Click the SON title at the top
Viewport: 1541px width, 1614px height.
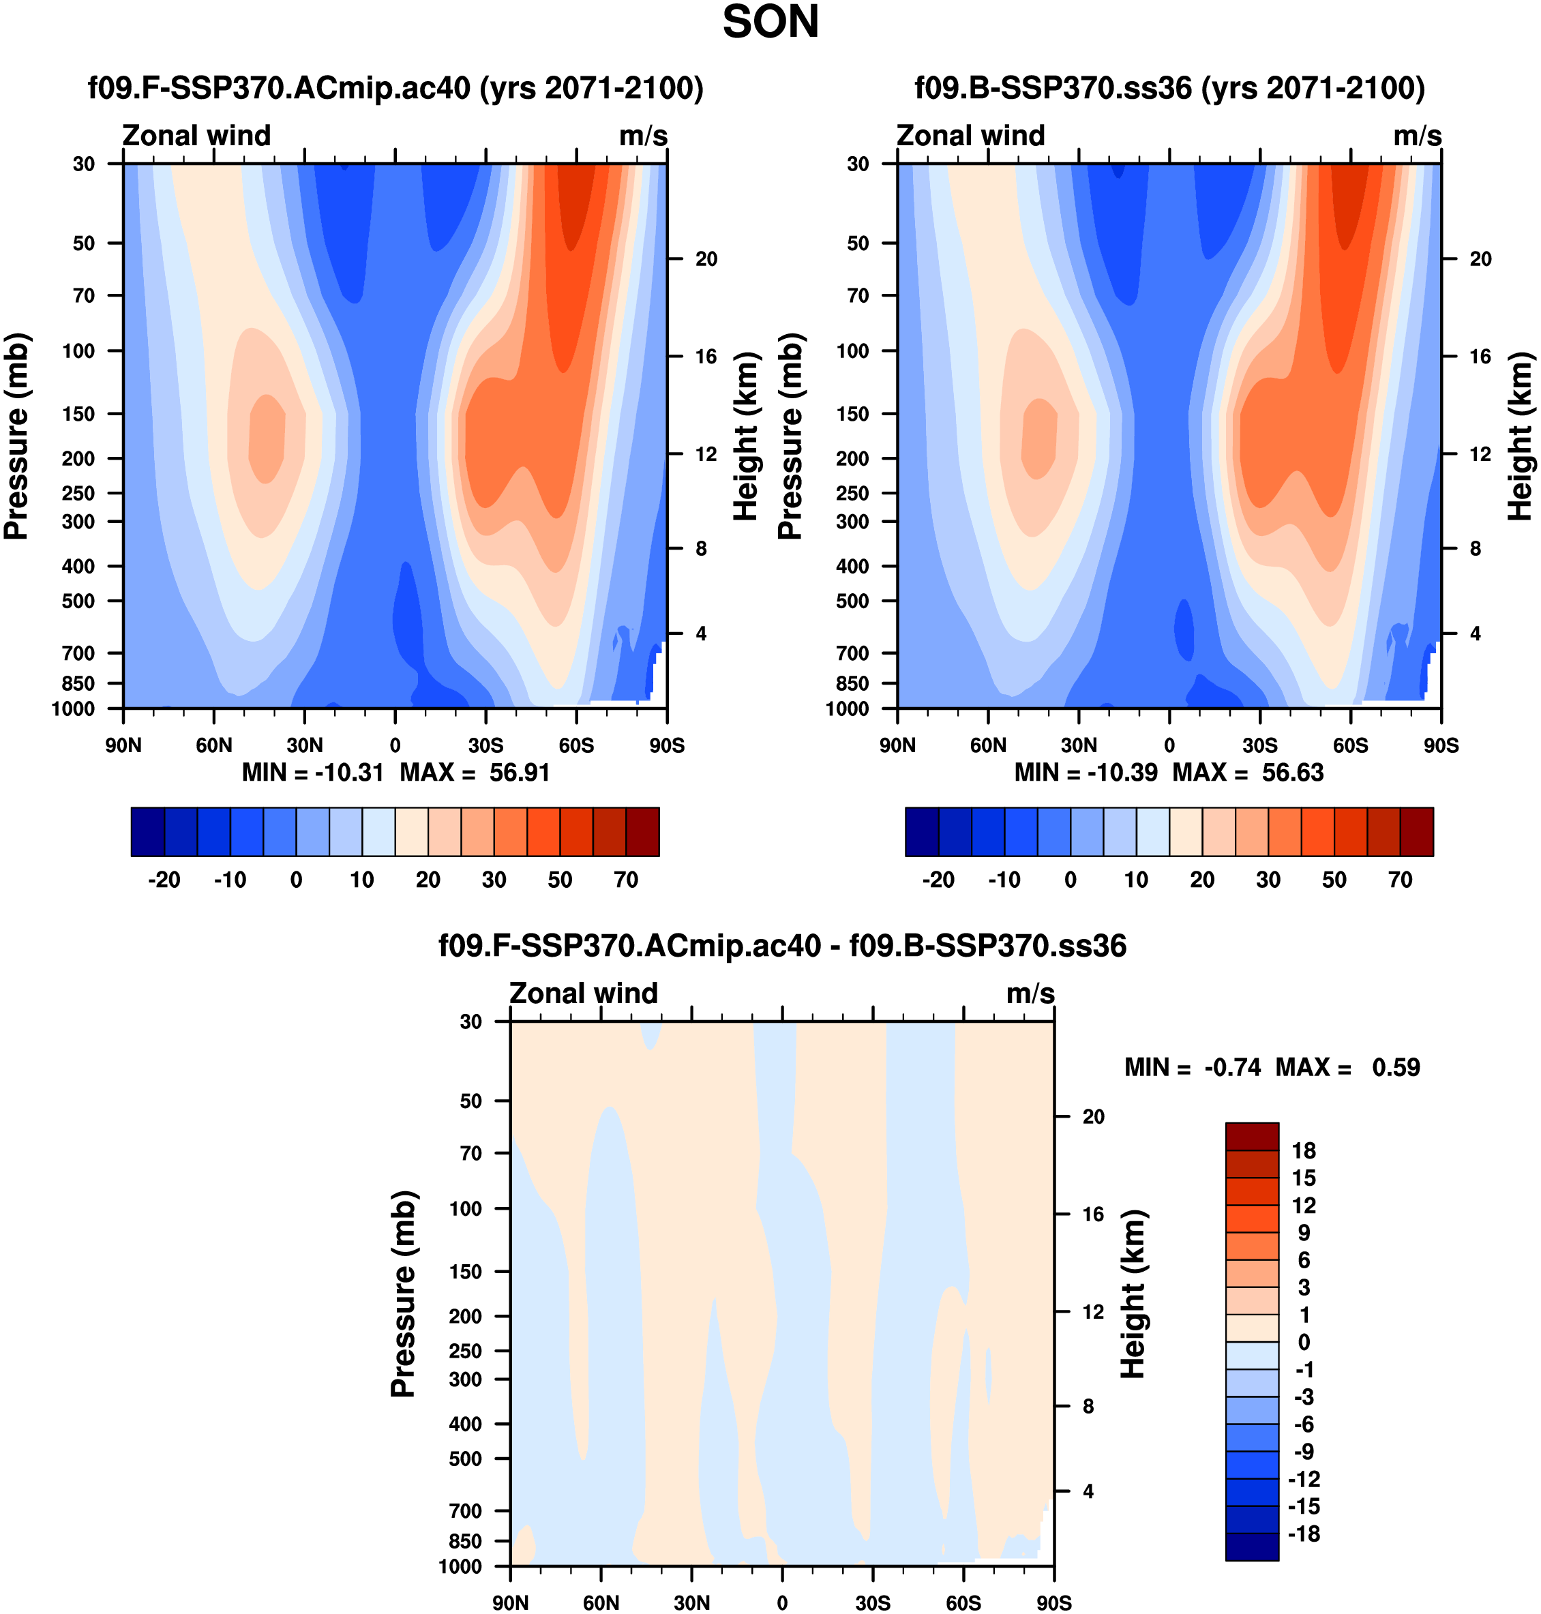pos(770,23)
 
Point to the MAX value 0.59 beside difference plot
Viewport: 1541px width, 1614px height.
pos(1396,1068)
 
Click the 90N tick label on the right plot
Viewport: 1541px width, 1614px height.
pos(897,746)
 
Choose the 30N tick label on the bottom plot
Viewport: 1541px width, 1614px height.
pos(691,1603)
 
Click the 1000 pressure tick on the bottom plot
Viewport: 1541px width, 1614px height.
pos(460,1566)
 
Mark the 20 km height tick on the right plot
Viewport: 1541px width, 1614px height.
pos(1480,260)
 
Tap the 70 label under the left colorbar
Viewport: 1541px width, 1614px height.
pos(626,880)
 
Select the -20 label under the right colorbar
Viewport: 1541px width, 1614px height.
pos(938,880)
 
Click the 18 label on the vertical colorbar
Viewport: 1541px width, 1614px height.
pos(1304,1151)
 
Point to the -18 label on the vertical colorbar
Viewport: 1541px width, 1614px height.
pos(1304,1534)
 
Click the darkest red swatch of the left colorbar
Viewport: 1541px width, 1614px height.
pos(642,832)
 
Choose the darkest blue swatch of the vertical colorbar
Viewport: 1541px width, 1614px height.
pos(1251,1546)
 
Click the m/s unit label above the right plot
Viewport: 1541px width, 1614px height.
pos(1417,136)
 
